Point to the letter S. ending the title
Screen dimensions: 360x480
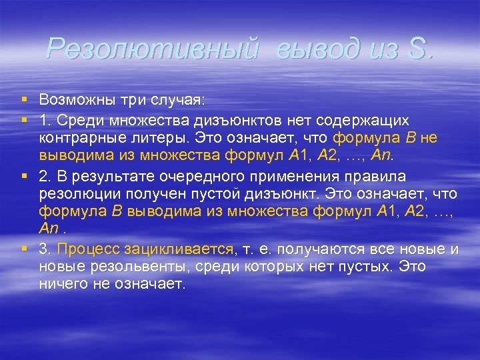(418, 48)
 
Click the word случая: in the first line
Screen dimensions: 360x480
(181, 99)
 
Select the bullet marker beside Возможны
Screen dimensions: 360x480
(23, 99)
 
